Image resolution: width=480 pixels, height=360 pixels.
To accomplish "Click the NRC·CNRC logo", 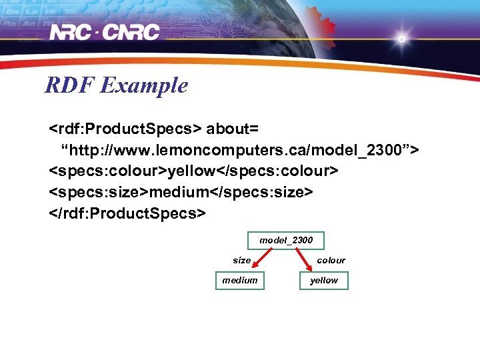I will pos(105,31).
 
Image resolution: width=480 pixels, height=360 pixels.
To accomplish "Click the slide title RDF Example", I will pos(116,85).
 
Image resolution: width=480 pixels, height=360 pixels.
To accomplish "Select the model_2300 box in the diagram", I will pos(286,239).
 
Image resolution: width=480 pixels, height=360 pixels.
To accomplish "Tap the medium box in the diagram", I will pos(239,281).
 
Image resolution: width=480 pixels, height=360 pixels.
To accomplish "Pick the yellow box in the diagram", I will pos(324,281).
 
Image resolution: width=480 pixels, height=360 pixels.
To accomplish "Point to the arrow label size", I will pos(241,260).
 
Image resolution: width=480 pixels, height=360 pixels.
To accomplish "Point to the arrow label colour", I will pos(331,260).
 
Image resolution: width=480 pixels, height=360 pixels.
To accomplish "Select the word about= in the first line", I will pos(231,127).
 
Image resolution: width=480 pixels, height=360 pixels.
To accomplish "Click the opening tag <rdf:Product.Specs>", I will pos(125,127).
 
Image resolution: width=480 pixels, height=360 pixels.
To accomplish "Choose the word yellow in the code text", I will pos(190,171).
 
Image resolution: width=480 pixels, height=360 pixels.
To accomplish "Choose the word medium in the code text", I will pos(178,192).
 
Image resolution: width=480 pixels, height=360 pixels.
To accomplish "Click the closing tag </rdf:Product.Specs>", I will pos(127,213).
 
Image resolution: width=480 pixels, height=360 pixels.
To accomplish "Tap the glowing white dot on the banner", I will pos(401,39).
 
